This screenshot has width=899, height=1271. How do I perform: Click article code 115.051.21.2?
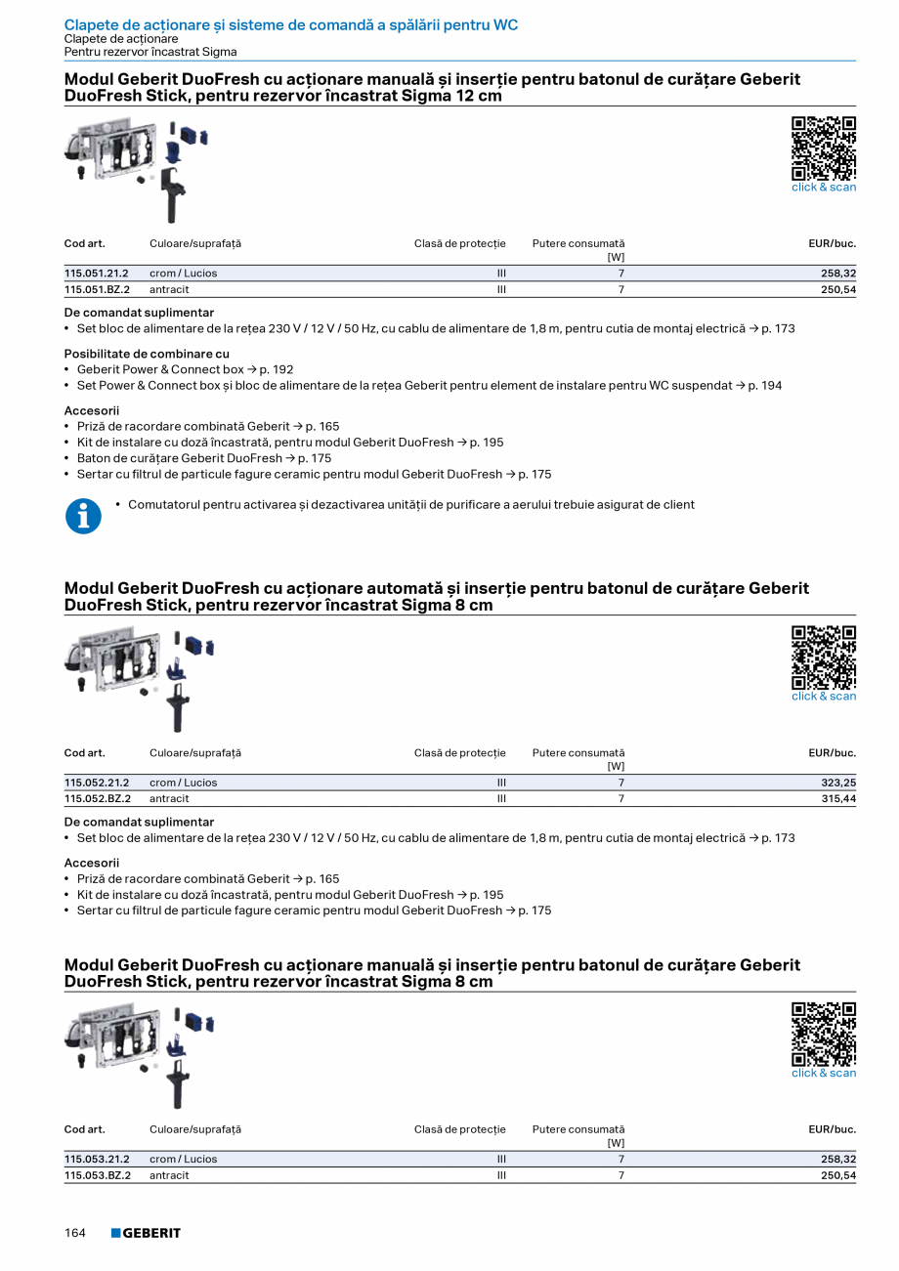(97, 274)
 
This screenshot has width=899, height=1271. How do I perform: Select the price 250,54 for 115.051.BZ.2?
(836, 290)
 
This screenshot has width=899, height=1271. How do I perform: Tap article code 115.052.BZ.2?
(98, 799)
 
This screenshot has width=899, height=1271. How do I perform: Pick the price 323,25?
(838, 783)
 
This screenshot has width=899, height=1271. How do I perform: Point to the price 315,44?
(838, 799)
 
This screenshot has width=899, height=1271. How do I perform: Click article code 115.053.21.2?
(97, 1160)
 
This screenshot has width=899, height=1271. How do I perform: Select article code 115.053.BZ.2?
(98, 1175)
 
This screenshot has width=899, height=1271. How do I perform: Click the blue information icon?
(84, 517)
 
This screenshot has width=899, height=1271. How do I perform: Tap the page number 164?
(75, 1233)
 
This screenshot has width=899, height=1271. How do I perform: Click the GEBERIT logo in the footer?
(146, 1233)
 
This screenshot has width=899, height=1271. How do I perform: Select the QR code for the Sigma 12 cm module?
(823, 148)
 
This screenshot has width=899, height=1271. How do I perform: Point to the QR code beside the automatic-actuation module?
(823, 657)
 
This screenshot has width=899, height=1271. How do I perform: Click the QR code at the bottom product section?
(823, 1034)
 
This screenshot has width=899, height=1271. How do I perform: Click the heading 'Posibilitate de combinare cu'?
(148, 354)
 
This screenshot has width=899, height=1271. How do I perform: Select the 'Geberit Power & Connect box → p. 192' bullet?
(185, 370)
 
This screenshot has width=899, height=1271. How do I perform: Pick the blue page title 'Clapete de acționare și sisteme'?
(290, 24)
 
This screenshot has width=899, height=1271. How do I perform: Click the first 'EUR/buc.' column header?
(832, 243)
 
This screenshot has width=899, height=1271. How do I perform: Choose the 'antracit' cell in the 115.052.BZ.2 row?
(169, 799)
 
